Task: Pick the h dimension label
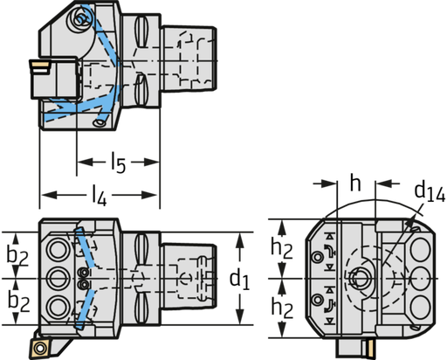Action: [355, 185]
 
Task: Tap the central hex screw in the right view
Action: [361, 279]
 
